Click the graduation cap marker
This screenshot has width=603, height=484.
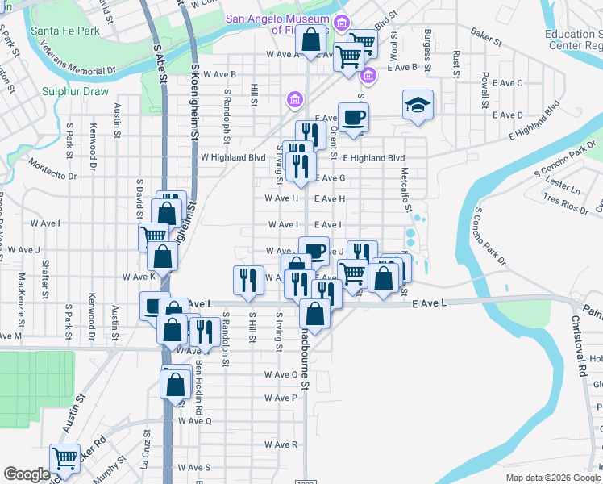418,105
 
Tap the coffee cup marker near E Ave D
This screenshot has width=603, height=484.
352,118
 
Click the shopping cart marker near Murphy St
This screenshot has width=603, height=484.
64,459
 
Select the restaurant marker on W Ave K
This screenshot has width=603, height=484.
247,279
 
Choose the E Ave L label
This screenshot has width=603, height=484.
428,302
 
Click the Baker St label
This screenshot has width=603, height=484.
486,36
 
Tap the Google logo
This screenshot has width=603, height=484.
27,474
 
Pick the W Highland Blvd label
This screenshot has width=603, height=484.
233,158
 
